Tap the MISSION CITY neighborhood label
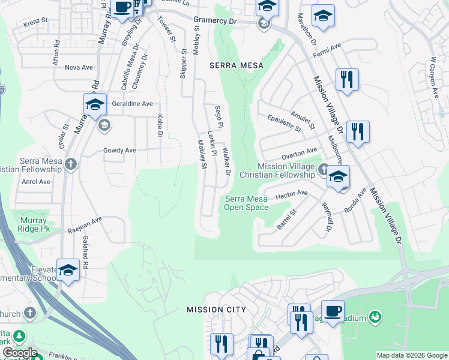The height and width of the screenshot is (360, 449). pyautogui.click(x=216, y=310)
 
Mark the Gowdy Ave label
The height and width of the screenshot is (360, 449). pyautogui.click(x=119, y=151)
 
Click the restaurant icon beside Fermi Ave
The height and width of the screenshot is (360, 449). pyautogui.click(x=346, y=79)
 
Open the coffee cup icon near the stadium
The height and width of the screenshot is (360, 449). pyautogui.click(x=333, y=311)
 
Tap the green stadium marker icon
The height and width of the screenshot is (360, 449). pyautogui.click(x=375, y=316)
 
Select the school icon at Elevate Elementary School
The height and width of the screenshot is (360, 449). pyautogui.click(x=68, y=269)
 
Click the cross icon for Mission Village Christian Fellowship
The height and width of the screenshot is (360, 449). pyautogui.click(x=324, y=169)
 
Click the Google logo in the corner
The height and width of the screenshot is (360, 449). pyautogui.click(x=20, y=353)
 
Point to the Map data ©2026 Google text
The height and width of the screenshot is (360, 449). pyautogui.click(x=411, y=355)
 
